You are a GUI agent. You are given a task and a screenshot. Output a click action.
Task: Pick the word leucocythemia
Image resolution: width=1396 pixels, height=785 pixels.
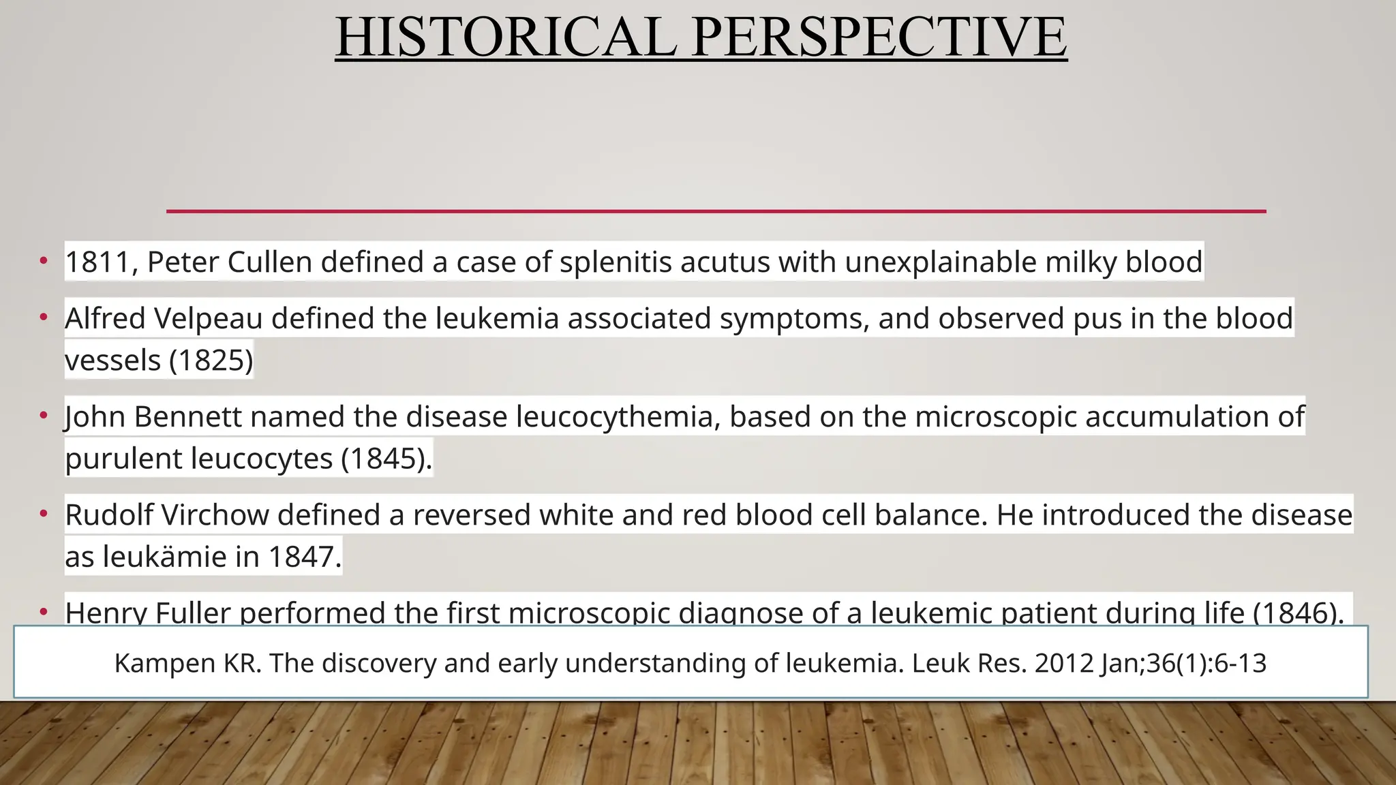(614, 417)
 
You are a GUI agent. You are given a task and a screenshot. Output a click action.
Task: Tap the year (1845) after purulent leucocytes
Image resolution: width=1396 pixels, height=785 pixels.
(386, 459)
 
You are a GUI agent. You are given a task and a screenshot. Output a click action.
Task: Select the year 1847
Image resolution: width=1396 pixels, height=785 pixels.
(304, 557)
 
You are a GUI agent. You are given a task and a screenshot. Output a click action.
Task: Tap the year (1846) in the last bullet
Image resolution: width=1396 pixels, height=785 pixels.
(1298, 613)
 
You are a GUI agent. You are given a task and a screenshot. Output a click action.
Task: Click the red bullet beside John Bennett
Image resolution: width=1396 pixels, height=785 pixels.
(44, 414)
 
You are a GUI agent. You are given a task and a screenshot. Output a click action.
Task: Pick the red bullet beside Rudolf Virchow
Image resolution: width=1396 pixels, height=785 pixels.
(44, 512)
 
